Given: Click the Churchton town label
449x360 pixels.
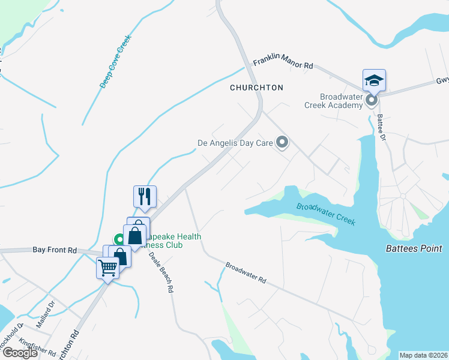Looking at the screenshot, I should pos(256,88).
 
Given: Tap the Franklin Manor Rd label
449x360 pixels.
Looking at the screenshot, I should pos(283,63).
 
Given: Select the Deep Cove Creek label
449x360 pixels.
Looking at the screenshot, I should pos(115,62).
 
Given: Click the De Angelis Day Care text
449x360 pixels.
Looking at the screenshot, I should pos(235,143).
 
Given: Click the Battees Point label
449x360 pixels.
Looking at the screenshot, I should pos(414,248).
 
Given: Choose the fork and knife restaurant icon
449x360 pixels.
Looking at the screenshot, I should pos(145,196).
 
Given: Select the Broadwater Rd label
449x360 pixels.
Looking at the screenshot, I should pos(246,272).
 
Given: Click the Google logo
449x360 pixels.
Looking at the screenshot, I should pos(20,353).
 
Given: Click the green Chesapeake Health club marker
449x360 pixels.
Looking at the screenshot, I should pos(119,238).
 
